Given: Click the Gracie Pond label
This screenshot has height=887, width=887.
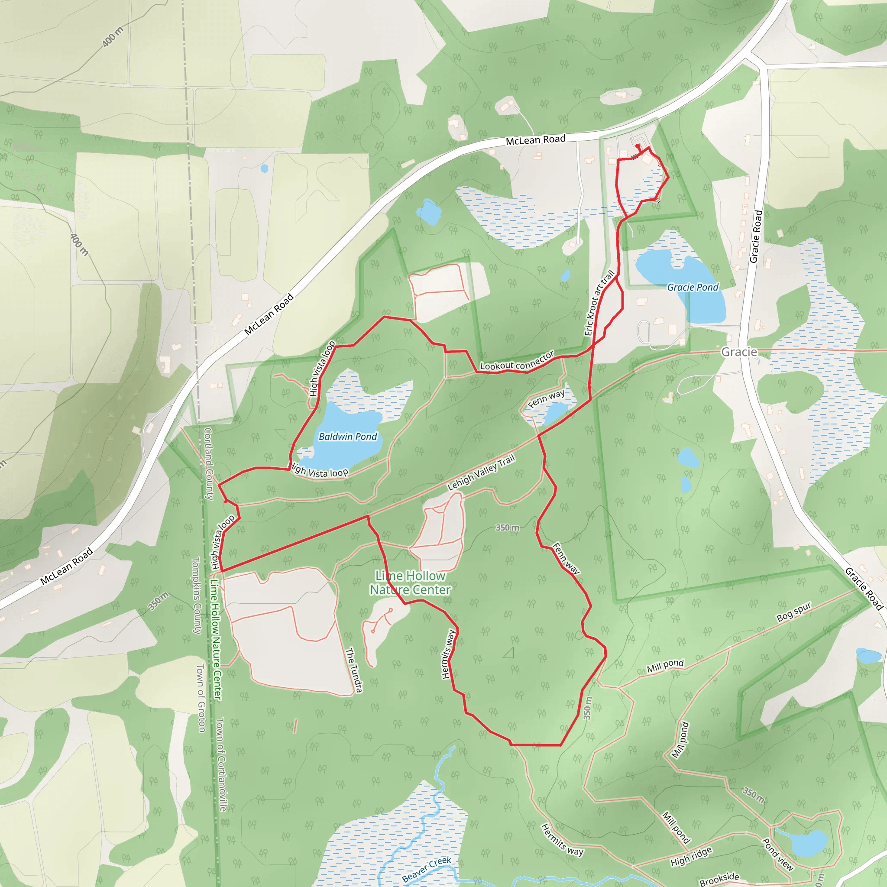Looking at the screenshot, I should [x=693, y=288].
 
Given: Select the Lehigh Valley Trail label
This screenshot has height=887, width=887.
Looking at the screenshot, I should [x=481, y=473].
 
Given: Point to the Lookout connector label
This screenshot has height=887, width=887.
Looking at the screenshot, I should [x=517, y=361].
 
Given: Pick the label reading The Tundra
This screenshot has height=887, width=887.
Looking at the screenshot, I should [x=354, y=670].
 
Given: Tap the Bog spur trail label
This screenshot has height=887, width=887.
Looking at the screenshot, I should [x=794, y=612].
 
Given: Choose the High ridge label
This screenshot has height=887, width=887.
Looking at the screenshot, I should [x=691, y=857].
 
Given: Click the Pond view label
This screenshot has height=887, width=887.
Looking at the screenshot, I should [x=778, y=855].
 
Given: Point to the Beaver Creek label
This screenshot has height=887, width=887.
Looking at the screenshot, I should [x=427, y=869].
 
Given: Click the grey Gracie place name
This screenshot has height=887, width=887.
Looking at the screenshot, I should [x=739, y=352].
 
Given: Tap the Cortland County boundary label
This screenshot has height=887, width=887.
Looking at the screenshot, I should [x=208, y=464].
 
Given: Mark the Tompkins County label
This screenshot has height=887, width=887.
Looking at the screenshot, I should [x=196, y=596].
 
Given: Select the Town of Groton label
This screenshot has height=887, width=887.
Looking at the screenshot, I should [x=201, y=697].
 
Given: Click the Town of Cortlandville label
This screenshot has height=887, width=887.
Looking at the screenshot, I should [x=221, y=765].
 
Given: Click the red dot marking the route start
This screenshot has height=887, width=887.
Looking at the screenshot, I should [x=638, y=146].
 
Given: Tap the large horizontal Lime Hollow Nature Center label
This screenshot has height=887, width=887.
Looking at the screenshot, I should [x=410, y=583].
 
